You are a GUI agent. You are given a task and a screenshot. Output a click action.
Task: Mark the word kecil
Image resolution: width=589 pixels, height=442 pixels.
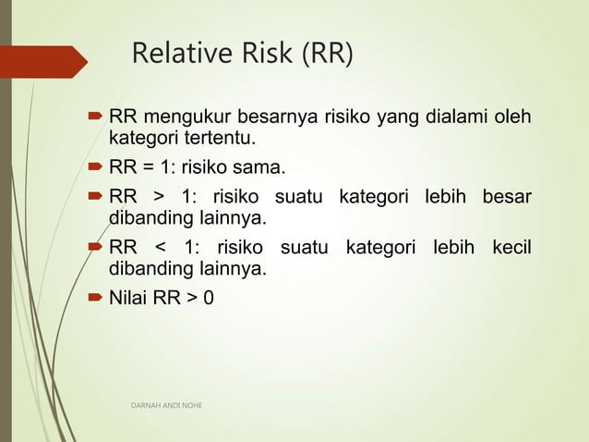tap(512, 248)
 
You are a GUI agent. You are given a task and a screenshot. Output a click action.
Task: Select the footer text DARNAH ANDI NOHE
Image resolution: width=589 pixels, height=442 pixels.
tap(166, 405)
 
